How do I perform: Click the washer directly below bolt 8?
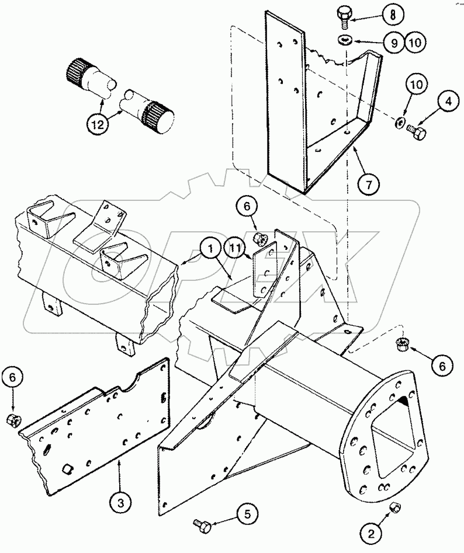click(x=345, y=40)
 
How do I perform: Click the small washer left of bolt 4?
click(x=399, y=121)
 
